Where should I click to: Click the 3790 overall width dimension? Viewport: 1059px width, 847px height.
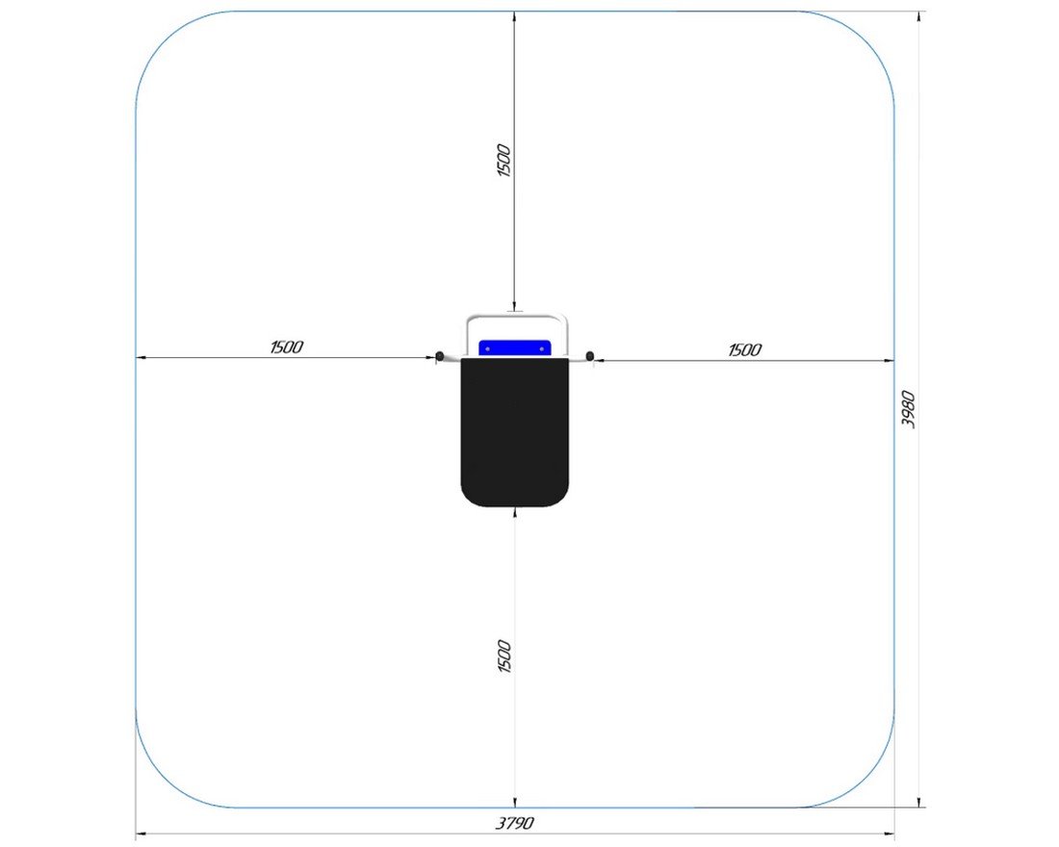(515, 823)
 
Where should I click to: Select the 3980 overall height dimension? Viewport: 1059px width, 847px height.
(909, 409)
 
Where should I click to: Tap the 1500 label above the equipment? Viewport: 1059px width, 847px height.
(504, 160)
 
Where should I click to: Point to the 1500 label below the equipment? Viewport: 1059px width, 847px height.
(504, 656)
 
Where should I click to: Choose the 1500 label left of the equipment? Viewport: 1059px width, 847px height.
(286, 347)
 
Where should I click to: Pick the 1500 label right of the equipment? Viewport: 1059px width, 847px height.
(745, 350)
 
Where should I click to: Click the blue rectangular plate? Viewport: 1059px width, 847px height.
(515, 348)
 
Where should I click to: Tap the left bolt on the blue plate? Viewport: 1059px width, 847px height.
(488, 348)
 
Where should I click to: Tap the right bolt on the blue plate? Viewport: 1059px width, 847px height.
(542, 348)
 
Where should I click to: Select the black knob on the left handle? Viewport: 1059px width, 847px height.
(440, 355)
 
